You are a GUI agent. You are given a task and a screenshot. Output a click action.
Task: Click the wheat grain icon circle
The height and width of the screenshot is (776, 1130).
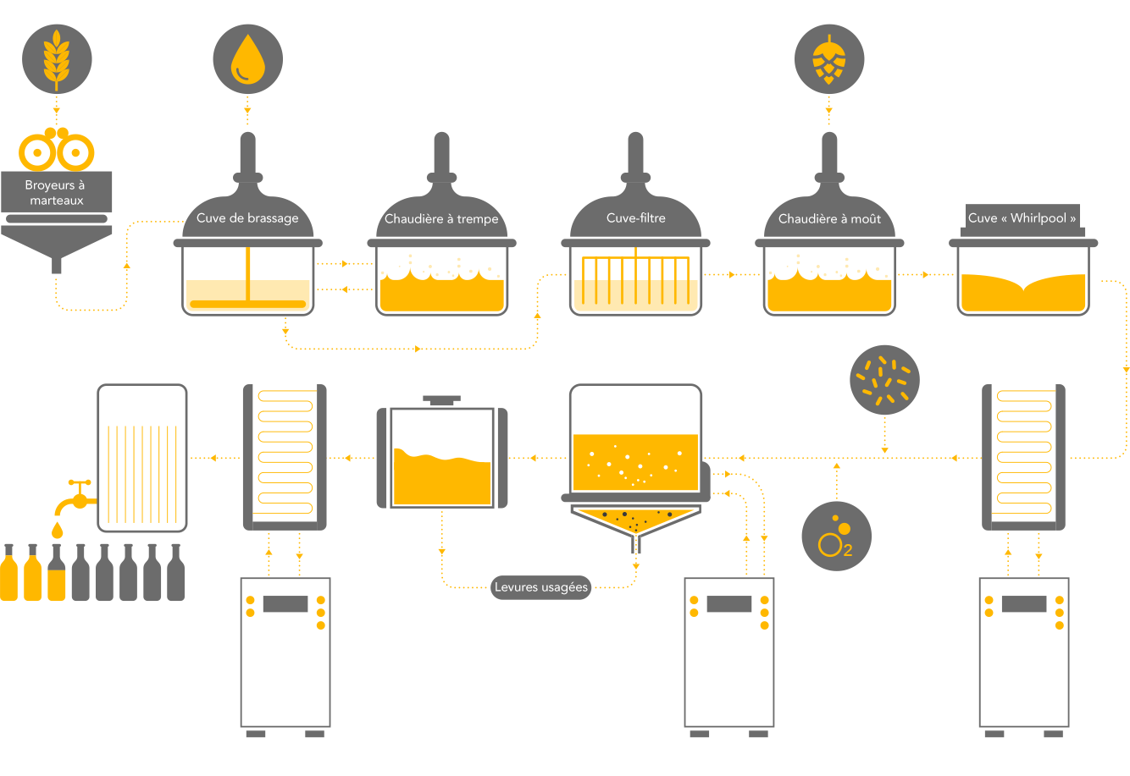click(57, 58)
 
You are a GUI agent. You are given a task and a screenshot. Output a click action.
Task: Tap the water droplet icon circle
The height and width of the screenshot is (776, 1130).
click(247, 58)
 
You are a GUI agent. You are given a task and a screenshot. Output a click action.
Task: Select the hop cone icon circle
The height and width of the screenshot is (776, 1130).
click(829, 58)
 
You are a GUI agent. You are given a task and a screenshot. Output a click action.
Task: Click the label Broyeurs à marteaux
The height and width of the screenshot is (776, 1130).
click(56, 193)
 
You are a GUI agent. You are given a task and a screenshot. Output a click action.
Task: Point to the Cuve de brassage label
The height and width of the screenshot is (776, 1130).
click(247, 218)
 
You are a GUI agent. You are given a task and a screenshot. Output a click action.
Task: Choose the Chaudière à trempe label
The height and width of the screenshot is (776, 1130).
click(441, 219)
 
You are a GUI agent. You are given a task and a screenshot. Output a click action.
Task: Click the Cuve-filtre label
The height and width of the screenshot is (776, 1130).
click(636, 218)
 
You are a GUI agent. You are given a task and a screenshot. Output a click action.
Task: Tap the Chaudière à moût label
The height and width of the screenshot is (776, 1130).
click(829, 219)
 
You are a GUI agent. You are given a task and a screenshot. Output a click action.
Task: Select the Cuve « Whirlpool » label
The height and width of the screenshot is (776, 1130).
click(1022, 218)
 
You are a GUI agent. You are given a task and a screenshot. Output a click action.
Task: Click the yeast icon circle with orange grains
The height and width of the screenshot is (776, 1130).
click(884, 379)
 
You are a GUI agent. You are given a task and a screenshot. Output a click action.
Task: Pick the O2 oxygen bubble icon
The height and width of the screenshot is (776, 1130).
click(836, 536)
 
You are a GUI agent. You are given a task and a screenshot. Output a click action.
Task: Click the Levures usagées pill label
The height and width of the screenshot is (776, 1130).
click(541, 587)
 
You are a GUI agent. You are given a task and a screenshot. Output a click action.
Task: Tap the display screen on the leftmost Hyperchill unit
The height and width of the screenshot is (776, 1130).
click(285, 604)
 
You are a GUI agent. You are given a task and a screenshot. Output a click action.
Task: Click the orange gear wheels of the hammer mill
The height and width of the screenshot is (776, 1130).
click(57, 151)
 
